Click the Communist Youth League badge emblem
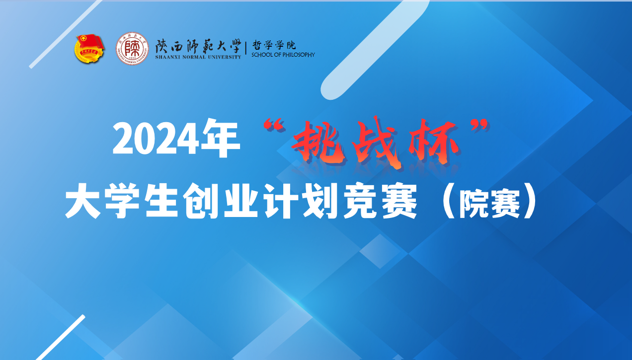[89, 49]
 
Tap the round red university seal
[132, 49]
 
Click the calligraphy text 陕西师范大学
[198, 47]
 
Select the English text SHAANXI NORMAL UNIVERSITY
[198, 57]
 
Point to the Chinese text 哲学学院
[274, 45]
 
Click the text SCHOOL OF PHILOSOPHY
[283, 55]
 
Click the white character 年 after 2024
[220, 138]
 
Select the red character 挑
[319, 143]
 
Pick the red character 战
[377, 143]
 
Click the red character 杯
[433, 142]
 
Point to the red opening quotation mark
[274, 126]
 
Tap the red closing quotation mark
[480, 126]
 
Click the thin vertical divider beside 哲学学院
[246, 48]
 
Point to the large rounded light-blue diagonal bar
[375, 50]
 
